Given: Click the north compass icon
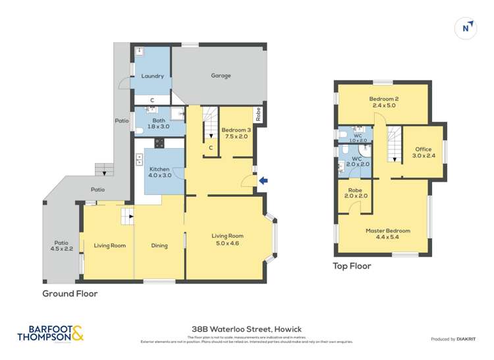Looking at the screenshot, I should [466, 28].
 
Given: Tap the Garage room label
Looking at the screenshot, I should [221, 76].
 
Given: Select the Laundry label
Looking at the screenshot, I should [152, 76].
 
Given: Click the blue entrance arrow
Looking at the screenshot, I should [264, 180].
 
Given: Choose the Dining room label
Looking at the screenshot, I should [159, 246].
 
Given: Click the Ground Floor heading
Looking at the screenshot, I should [70, 294].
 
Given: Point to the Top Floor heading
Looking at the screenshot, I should [352, 267].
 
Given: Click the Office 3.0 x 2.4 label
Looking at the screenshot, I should [424, 153].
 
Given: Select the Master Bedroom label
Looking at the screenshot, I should [388, 234].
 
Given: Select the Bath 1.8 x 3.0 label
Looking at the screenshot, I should [159, 123].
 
